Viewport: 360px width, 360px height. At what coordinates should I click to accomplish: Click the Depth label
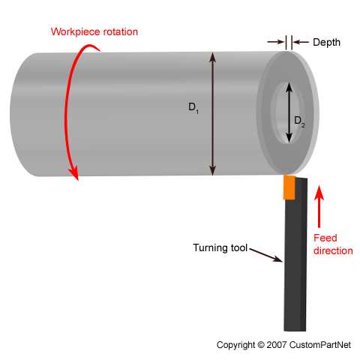[x=326, y=43]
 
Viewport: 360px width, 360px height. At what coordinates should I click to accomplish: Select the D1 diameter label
[x=193, y=108]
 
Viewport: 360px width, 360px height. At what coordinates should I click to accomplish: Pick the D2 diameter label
[x=299, y=121]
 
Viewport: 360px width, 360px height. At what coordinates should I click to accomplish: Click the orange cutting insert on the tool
[x=289, y=187]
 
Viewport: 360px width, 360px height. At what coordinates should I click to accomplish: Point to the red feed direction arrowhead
[x=319, y=193]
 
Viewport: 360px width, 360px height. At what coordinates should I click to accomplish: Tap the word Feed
[x=325, y=238]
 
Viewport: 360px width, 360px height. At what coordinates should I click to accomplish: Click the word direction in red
[x=333, y=250]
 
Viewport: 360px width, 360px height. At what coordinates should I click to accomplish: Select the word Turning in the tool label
[x=210, y=248]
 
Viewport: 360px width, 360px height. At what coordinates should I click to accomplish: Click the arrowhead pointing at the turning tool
[x=277, y=259]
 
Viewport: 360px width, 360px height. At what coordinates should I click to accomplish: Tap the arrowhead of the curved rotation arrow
[x=74, y=173]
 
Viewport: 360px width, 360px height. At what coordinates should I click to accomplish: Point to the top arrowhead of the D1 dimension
[x=212, y=57]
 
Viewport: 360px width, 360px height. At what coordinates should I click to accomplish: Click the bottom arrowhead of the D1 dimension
[x=212, y=171]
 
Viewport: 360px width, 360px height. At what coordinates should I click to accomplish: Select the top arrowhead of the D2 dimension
[x=289, y=87]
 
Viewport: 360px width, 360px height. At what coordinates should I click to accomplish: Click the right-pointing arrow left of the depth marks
[x=276, y=42]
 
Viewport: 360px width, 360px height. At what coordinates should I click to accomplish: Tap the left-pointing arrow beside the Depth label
[x=301, y=42]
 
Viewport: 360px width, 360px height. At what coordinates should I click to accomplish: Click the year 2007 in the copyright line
[x=277, y=345]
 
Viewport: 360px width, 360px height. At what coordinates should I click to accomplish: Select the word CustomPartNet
[x=320, y=345]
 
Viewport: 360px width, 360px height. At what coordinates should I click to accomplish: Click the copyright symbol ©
[x=261, y=345]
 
